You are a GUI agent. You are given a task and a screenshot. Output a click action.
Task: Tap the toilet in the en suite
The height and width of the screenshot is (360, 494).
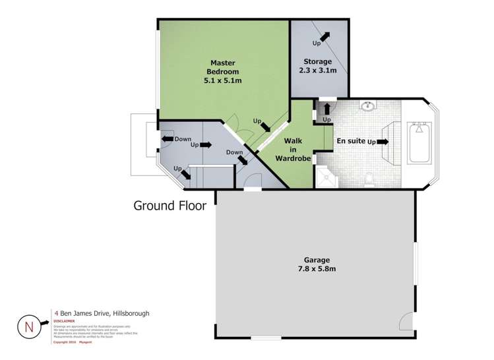(x=370, y=178)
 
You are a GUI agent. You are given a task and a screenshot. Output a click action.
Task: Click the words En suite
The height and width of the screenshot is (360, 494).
(x=350, y=141)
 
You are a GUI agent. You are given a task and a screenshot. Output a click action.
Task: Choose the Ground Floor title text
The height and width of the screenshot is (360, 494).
(x=170, y=206)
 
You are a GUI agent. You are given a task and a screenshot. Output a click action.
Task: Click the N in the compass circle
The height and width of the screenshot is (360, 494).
(x=28, y=326)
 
